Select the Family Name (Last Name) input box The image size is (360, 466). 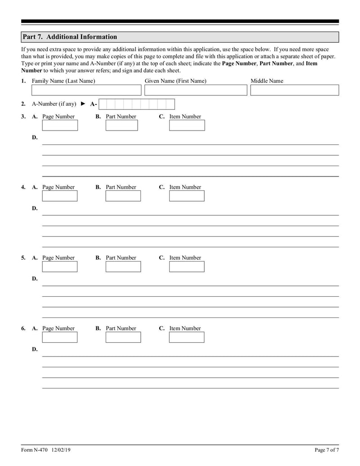click(86, 90)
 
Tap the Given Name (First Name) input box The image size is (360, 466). click(196, 90)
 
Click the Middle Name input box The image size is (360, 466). click(294, 90)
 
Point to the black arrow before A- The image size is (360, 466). click(83, 104)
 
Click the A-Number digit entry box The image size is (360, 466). click(136, 104)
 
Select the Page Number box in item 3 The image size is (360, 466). click(60, 125)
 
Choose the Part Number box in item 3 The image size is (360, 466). click(121, 125)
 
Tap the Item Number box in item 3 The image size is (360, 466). click(187, 125)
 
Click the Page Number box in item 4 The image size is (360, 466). click(60, 196)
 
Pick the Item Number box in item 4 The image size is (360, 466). click(187, 196)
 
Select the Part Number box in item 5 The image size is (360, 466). click(123, 267)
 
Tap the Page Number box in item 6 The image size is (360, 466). click(60, 337)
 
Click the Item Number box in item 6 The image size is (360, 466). click(187, 337)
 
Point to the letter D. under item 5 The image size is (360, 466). click(35, 279)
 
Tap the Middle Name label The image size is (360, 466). click(267, 81)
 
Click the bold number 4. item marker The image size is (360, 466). click(23, 187)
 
